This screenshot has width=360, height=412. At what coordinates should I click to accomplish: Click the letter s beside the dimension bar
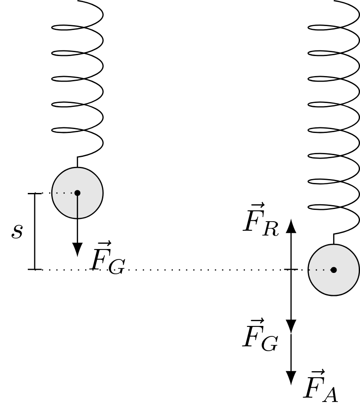pos(17,232)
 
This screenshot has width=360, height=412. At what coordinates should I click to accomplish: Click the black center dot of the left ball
pos(77,193)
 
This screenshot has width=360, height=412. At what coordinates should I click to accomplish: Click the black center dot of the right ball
pos(334,270)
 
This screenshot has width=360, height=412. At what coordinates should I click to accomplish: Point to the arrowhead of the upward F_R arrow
pos(291,226)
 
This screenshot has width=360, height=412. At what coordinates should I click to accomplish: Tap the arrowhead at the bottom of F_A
pos(291,378)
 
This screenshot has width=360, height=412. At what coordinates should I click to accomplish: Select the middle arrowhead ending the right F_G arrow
pos(291,326)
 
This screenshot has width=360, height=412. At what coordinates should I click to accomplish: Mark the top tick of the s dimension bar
pos(35,193)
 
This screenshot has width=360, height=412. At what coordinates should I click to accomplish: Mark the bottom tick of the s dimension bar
pos(35,270)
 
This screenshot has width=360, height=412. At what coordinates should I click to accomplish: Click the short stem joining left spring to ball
pos(77,162)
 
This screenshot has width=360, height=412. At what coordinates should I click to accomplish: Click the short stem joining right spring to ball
pos(334,239)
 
